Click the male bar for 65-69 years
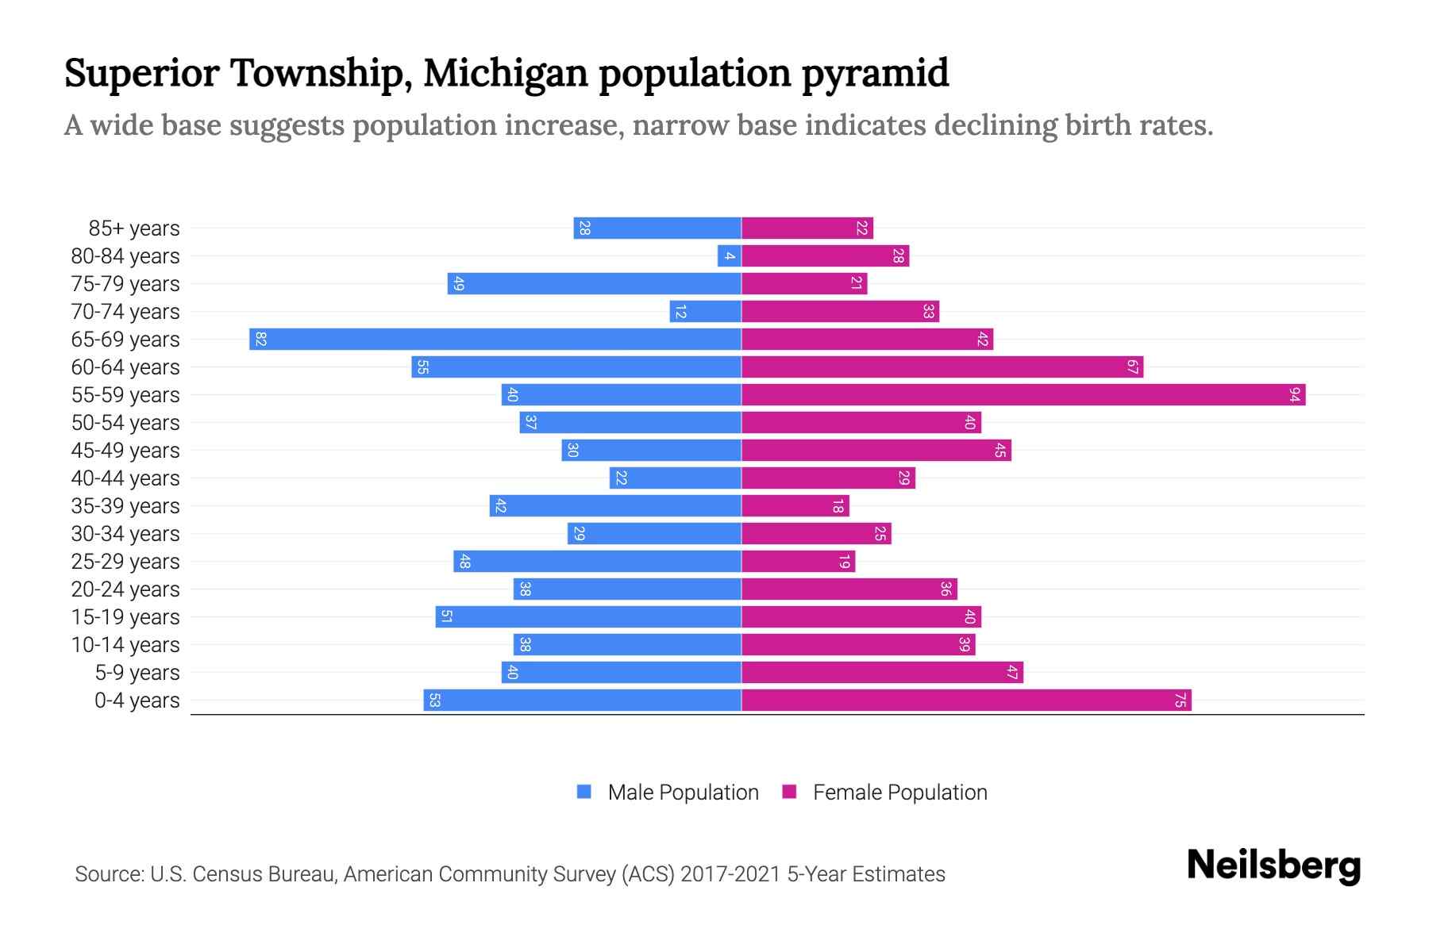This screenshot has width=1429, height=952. pyautogui.click(x=495, y=339)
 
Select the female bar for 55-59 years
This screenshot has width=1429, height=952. pyautogui.click(x=1023, y=394)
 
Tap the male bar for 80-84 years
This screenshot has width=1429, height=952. pyautogui.click(x=730, y=255)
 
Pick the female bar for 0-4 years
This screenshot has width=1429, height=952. pyautogui.click(x=966, y=700)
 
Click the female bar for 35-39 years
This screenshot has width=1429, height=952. pyautogui.click(x=795, y=505)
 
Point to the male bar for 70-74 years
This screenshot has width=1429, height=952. pyautogui.click(x=706, y=311)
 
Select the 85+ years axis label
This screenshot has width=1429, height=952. pyautogui.click(x=133, y=228)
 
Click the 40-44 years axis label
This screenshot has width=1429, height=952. pyautogui.click(x=125, y=478)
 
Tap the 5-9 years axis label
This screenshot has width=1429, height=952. pyautogui.click(x=137, y=673)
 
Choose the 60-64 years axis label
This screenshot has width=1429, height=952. pyautogui.click(x=125, y=367)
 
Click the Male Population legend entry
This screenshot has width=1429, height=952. pyautogui.click(x=668, y=792)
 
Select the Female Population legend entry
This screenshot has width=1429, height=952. pyautogui.click(x=885, y=792)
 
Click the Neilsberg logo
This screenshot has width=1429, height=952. pyautogui.click(x=1273, y=866)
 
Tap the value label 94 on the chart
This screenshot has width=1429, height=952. pyautogui.click(x=1295, y=394)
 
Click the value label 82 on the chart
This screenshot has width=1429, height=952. pyautogui.click(x=260, y=339)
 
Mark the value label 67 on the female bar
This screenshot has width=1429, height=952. pyautogui.click(x=1132, y=367)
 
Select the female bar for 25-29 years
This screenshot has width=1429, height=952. pyautogui.click(x=799, y=561)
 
